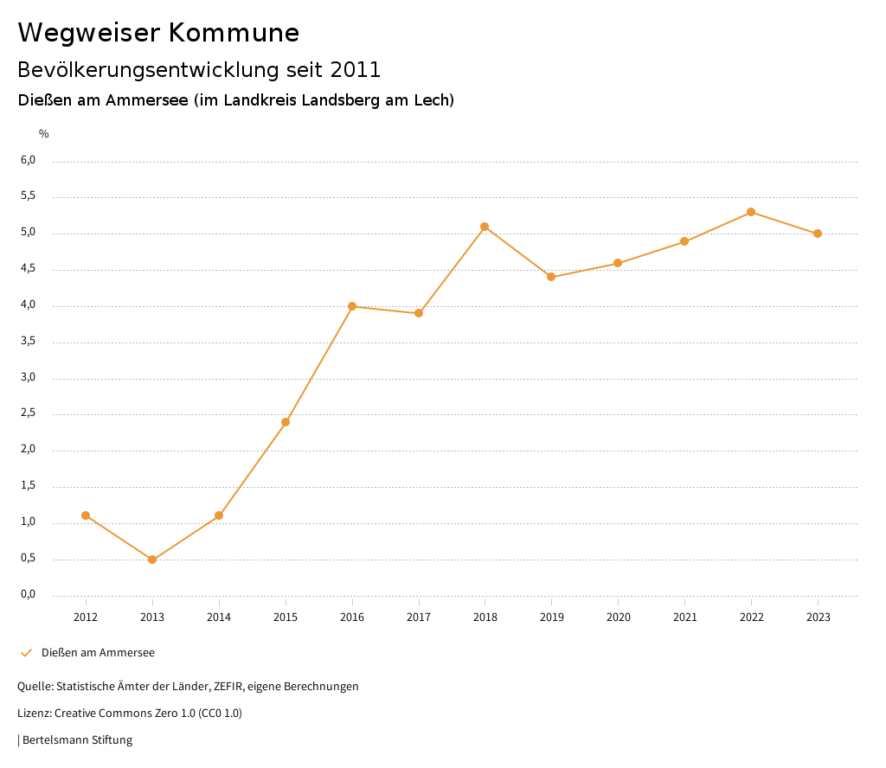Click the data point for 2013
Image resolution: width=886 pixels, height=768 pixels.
coord(152,560)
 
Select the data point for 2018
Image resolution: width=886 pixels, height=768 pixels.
coord(485,227)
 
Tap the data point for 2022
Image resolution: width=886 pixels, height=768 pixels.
coord(751,212)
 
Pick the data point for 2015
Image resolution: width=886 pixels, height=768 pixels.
coord(286,422)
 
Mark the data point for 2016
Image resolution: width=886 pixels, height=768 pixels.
coord(352,306)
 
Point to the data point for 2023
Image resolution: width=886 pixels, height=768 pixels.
coord(818,234)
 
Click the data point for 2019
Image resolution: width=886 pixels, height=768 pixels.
coord(551,277)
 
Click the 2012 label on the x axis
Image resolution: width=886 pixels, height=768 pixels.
coord(86,617)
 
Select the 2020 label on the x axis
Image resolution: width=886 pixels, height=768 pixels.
coord(618,617)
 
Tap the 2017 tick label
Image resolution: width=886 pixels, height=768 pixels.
coord(419,617)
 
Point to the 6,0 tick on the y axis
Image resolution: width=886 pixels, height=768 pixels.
coord(28,160)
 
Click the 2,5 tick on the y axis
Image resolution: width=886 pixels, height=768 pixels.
coord(28,413)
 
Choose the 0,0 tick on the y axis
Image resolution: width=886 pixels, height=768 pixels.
coord(28,594)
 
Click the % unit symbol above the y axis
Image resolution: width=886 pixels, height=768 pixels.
coord(44,134)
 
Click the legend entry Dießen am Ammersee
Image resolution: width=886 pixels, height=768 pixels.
coord(98,653)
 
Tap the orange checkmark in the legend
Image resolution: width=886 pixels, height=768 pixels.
coord(26,653)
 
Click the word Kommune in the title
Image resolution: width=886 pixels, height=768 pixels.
coord(234,33)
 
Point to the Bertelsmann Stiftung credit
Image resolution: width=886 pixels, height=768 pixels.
coord(77,740)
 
